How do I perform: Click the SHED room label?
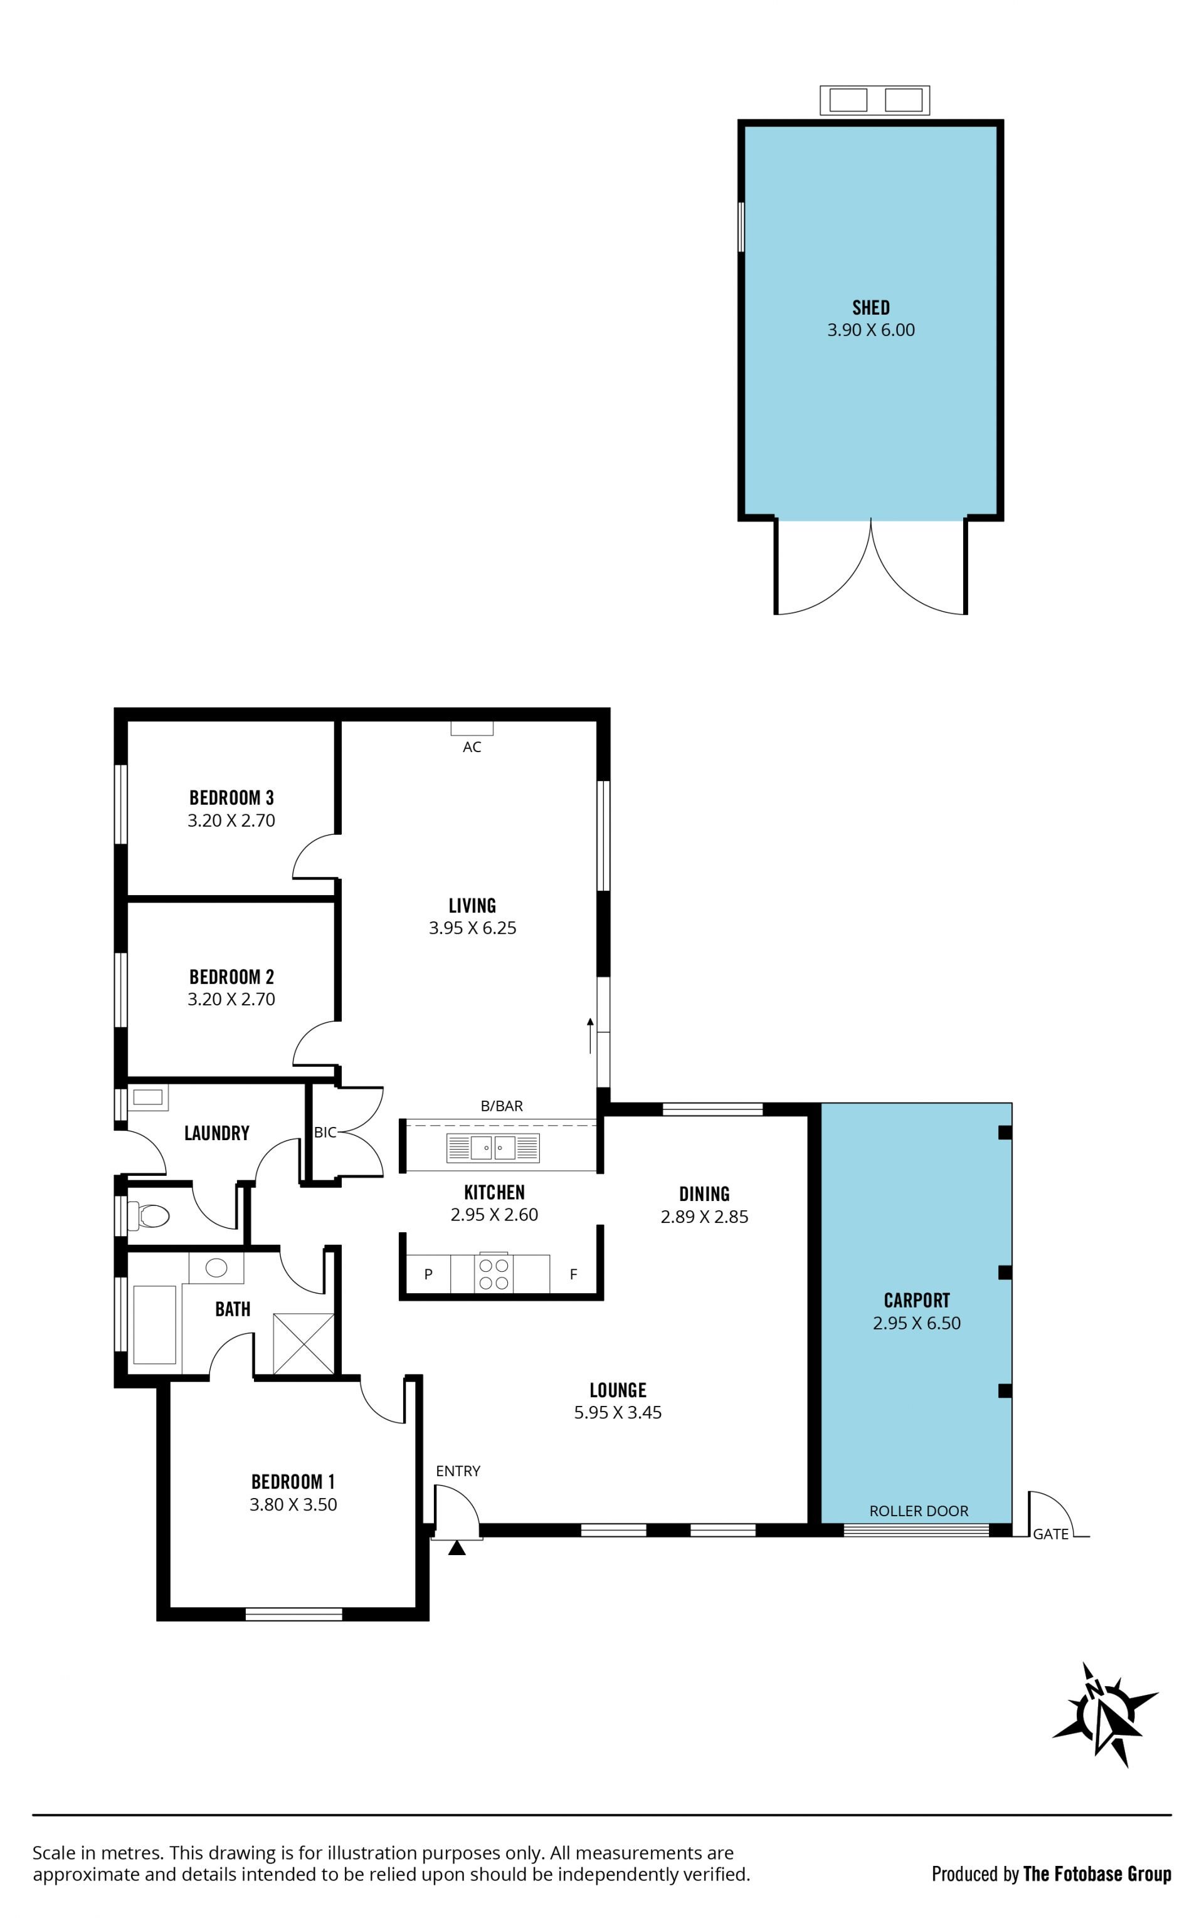point(870,307)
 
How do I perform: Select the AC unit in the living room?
point(472,728)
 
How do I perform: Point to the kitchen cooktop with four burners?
point(494,1274)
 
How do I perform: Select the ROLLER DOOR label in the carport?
point(919,1511)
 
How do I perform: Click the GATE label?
point(1050,1534)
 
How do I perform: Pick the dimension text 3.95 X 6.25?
point(472,927)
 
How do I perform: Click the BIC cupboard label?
point(325,1132)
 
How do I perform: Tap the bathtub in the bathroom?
point(154,1324)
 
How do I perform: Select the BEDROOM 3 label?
point(232,797)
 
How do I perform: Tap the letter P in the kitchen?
point(428,1274)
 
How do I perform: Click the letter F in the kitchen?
point(573,1274)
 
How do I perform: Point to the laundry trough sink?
point(148,1098)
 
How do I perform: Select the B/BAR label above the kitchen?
point(502,1106)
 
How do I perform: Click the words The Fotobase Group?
point(1097,1873)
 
